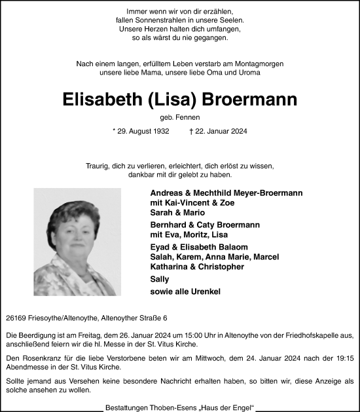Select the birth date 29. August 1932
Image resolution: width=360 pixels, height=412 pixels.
(x=141, y=132)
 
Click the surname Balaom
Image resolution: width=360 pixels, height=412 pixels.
(x=230, y=247)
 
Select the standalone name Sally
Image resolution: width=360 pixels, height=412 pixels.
(x=160, y=279)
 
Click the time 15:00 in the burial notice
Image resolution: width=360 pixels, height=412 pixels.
(x=187, y=335)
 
